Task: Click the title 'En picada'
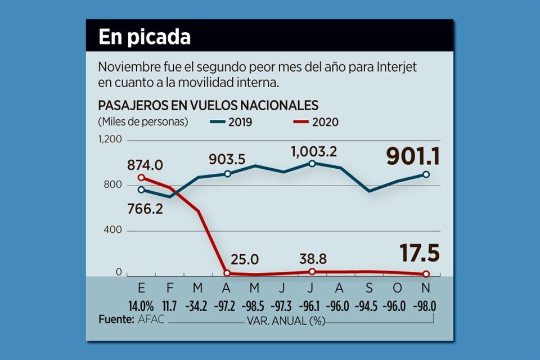[x=145, y=37]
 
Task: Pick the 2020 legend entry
[x=316, y=121]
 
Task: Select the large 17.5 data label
[x=420, y=253]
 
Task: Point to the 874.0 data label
[x=145, y=165]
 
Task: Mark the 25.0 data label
[x=244, y=259]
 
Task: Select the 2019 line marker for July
[x=312, y=164]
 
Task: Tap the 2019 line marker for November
[x=426, y=174]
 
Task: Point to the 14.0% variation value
[x=140, y=308]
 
